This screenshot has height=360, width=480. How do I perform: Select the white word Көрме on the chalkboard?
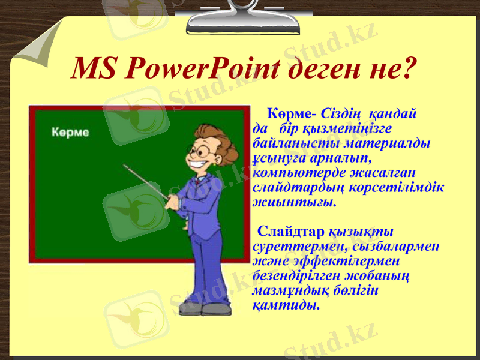(x=70, y=132)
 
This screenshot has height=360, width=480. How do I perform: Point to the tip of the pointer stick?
(x=125, y=165)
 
